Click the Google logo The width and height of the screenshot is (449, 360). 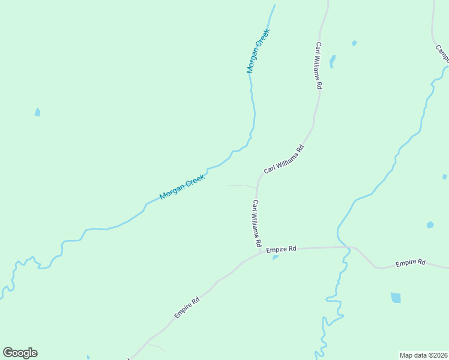coord(20,353)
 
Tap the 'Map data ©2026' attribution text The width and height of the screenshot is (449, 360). coord(423,355)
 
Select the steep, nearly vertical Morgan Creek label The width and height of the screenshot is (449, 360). coord(259,51)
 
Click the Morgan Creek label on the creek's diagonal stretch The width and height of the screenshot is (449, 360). coord(182,187)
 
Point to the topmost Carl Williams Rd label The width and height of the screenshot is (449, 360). coord(319,65)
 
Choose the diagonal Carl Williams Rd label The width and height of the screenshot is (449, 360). coord(284,160)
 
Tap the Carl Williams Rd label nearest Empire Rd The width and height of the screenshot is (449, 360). coord(256,224)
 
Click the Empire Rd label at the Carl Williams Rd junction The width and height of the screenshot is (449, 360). coord(282,248)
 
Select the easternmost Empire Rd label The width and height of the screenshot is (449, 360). coord(411,263)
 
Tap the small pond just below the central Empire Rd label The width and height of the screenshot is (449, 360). coord(276,257)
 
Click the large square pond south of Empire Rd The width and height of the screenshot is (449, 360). coord(396,298)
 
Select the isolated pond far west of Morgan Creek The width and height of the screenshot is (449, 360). coord(37,112)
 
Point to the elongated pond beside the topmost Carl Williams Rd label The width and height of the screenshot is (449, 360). coord(333,61)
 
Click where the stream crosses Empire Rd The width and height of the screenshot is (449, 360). coord(346,247)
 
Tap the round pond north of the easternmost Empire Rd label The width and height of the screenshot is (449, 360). coord(430,225)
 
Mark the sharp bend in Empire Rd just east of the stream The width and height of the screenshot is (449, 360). coord(357,248)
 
